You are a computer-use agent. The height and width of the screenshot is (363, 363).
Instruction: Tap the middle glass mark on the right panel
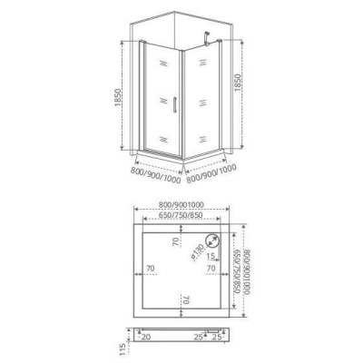click(198, 100)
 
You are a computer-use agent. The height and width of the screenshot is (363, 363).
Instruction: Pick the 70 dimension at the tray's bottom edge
click(184, 299)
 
